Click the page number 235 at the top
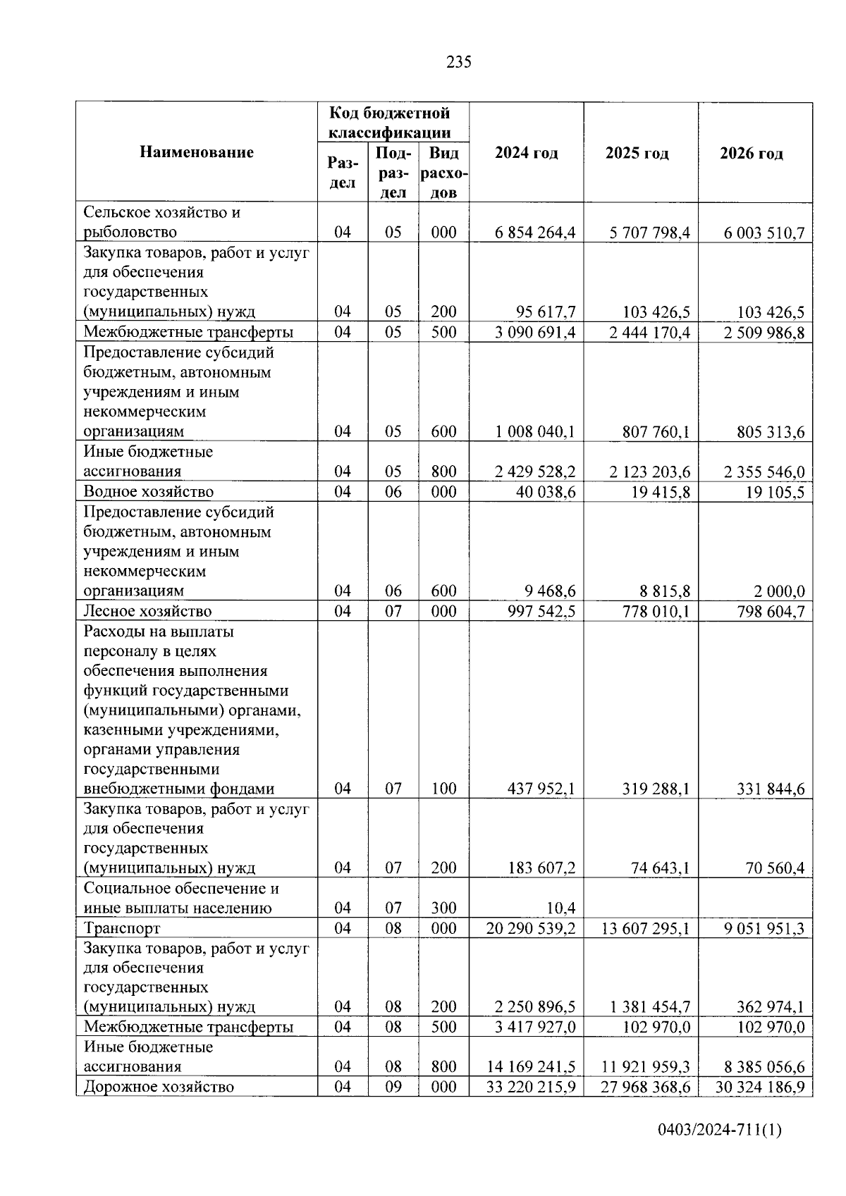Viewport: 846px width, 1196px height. tap(458, 62)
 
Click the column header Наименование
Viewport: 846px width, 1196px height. tap(196, 152)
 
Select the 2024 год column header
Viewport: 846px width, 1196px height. tap(526, 153)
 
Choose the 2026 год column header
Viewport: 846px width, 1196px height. tap(751, 153)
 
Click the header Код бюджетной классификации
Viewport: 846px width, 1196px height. tap(393, 123)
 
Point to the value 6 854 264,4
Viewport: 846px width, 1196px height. tap(535, 233)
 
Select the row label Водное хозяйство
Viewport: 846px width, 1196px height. tap(148, 491)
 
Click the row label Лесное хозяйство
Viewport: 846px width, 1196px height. tap(147, 611)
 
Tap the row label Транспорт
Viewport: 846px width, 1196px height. tap(122, 928)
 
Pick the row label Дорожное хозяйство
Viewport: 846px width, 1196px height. tap(159, 1086)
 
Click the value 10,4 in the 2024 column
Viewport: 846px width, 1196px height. tap(561, 908)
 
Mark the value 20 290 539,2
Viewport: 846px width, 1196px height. tap(531, 928)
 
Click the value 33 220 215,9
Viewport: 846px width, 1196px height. tap(531, 1087)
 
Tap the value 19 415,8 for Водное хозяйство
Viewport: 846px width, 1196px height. tap(661, 492)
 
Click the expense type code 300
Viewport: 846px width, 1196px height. tap(443, 908)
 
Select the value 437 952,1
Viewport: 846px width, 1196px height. tap(541, 789)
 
